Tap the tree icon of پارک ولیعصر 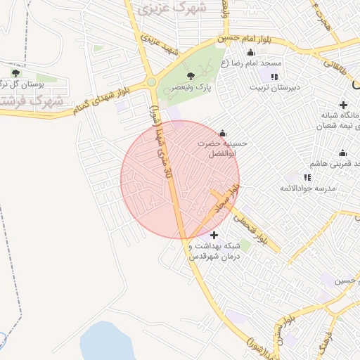190,75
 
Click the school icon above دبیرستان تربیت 274,76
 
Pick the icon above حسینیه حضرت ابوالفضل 223,133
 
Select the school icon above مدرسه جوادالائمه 307,176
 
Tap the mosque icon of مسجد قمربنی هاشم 342,153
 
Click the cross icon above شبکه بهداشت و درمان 214,234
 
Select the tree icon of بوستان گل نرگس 15,72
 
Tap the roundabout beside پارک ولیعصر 151,82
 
